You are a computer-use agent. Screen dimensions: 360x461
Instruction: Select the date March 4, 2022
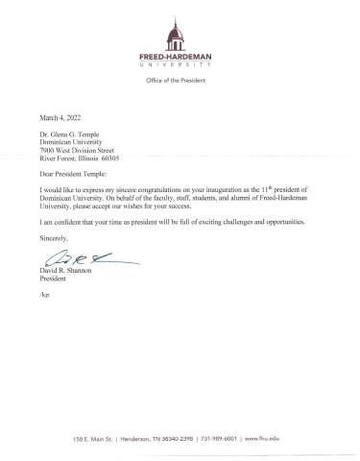coord(59,115)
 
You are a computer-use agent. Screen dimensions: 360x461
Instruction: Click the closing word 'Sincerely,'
coord(55,239)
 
